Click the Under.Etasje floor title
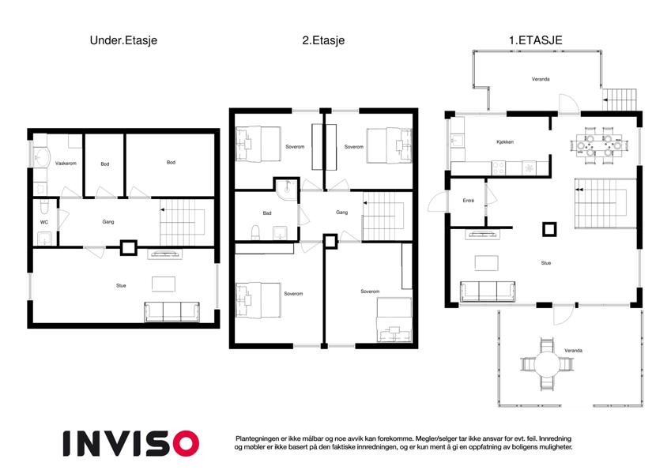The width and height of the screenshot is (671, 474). pos(123,40)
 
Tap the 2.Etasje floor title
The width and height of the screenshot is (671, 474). pos(323,40)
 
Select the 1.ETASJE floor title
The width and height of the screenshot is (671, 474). pos(535,40)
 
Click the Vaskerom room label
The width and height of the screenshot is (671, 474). pos(66,164)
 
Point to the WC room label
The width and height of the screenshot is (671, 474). pos(44,223)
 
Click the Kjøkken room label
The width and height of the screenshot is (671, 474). pos(505,142)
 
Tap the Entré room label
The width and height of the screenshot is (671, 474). pos(468,201)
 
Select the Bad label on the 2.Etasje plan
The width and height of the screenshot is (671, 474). pos(267,213)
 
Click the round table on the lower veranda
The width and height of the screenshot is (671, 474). pos(546,364)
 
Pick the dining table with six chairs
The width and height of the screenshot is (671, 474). pos(599,145)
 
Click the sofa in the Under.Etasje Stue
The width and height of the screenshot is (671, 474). pos(172,312)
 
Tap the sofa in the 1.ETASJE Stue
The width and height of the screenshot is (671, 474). pos(488,292)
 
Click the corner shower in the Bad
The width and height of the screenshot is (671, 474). pos(287,190)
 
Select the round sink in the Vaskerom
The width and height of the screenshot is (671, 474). pos(42,157)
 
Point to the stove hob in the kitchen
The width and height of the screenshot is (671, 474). pos(498,167)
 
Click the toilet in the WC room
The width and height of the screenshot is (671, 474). pos(44,207)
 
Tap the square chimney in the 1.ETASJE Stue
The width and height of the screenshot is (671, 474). pos(549,229)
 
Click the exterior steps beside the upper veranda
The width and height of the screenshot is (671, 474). pos(619,100)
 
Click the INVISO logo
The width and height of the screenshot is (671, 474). pos(131,443)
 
